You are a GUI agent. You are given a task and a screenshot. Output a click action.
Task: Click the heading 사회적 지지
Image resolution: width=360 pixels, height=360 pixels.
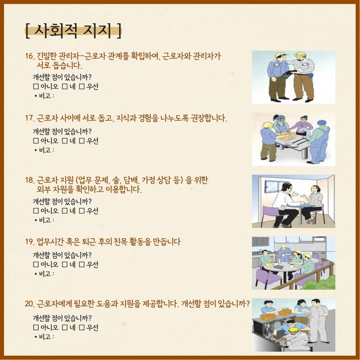pos(73,31)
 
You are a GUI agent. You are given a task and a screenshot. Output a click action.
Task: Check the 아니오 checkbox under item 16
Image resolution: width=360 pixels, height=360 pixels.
pos(36,86)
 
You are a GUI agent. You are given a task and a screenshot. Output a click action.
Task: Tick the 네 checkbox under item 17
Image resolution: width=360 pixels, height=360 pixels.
pos(65,141)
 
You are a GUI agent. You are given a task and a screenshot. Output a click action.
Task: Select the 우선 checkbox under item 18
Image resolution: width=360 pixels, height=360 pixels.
pos(82,211)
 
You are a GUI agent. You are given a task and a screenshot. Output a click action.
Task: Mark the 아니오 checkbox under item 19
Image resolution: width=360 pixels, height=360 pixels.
pos(36,265)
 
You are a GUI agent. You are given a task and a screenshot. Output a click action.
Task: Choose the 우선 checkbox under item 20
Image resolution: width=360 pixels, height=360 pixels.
pos(82,328)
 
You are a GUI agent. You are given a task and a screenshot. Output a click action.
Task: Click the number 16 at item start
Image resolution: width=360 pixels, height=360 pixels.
pos(29,56)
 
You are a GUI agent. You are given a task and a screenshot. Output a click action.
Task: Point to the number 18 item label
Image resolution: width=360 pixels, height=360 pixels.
pos(29,180)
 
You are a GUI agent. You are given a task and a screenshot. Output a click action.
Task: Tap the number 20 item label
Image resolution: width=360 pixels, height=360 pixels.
pos(29,304)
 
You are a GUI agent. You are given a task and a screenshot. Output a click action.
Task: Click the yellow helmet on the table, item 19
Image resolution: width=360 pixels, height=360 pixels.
pos(270,264)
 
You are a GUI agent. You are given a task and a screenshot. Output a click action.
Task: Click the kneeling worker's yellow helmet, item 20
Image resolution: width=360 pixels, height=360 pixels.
pos(293,329)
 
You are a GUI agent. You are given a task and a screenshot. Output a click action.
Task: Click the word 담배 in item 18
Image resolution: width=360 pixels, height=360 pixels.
pos(130,180)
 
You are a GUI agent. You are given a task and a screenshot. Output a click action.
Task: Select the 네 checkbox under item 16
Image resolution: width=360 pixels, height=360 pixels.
pos(65,86)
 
